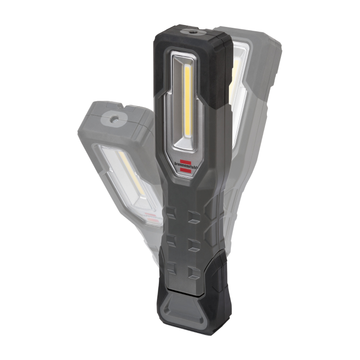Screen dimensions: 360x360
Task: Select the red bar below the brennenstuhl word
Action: (x=185, y=169)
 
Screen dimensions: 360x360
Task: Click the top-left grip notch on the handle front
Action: (x=172, y=213)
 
